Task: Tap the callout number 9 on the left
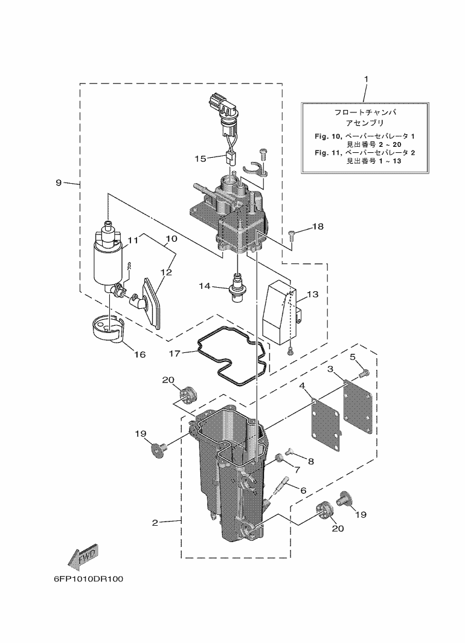pyautogui.click(x=59, y=183)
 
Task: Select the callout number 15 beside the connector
pyautogui.click(x=200, y=158)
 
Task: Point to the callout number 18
pyautogui.click(x=318, y=227)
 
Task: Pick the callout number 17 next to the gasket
pyautogui.click(x=175, y=352)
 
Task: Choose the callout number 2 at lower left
pyautogui.click(x=155, y=523)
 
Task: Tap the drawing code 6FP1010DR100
pyautogui.click(x=88, y=578)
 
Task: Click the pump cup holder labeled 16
pyautogui.click(x=109, y=329)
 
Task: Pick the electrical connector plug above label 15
pyautogui.click(x=222, y=109)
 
